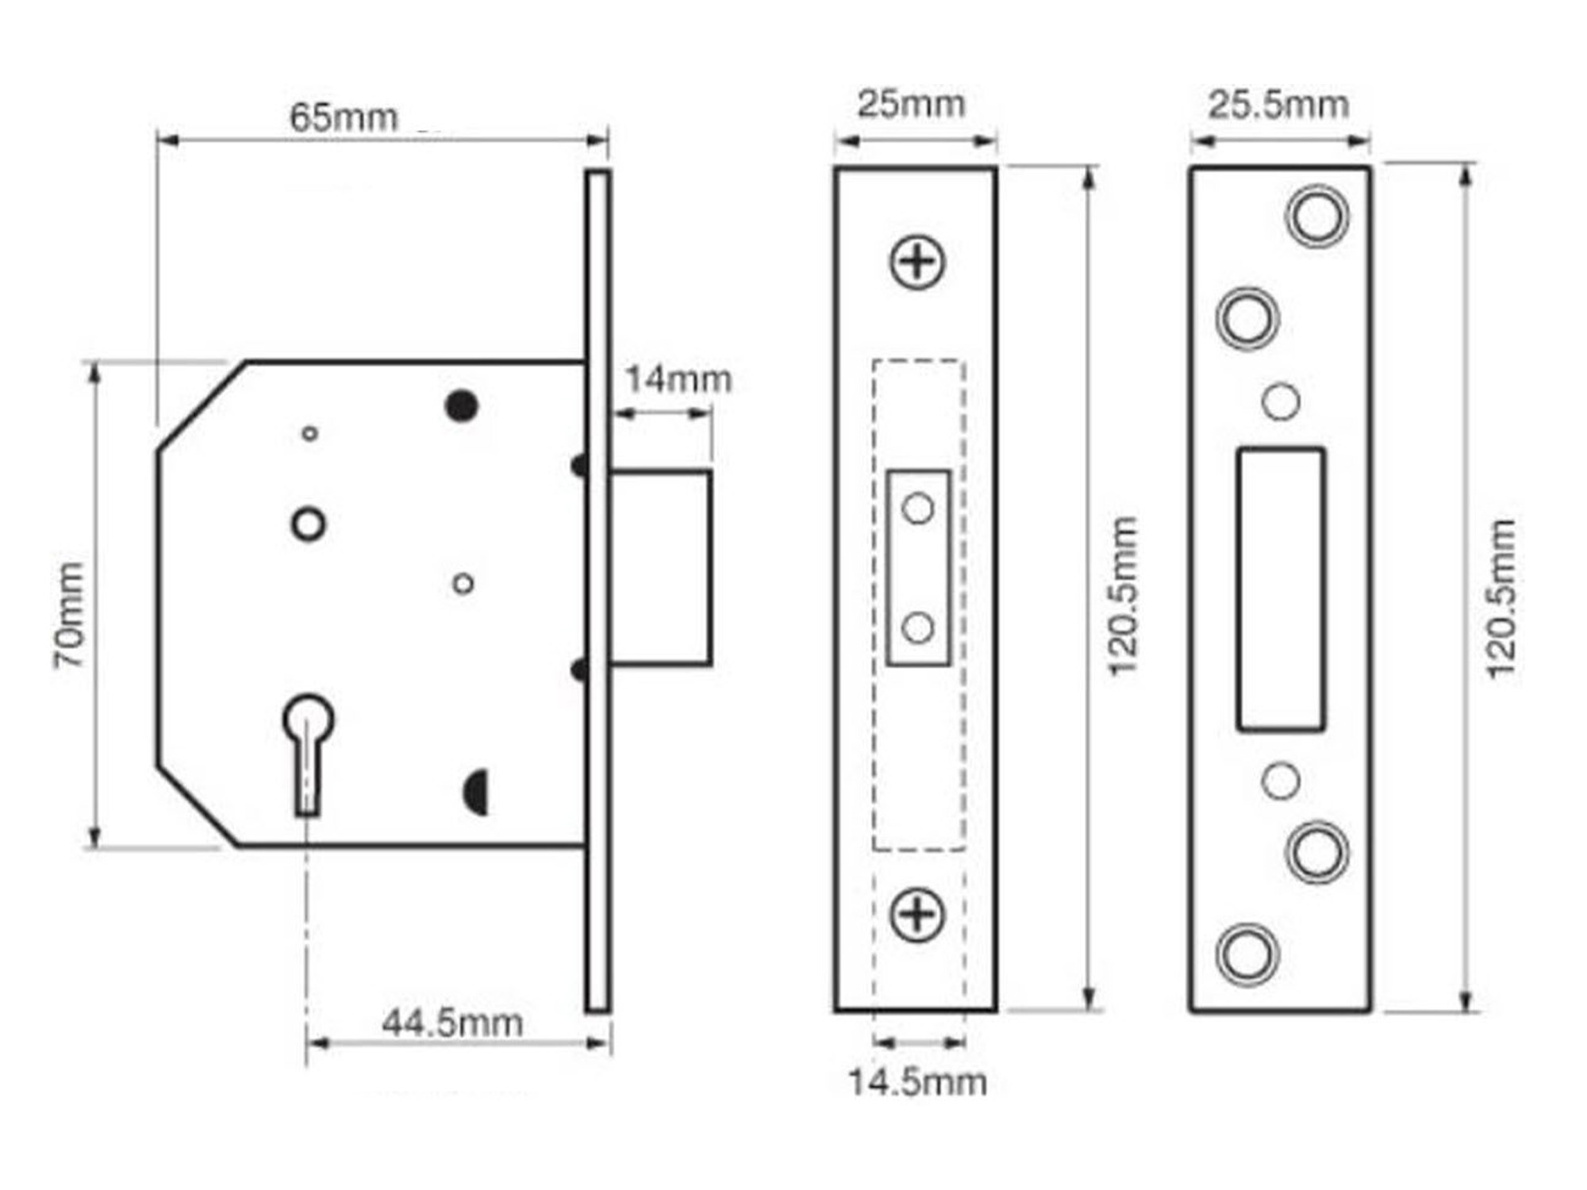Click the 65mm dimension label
pos(343,118)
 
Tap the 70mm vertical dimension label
pos(69,615)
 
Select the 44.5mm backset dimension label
pos(452,1023)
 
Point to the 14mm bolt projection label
pos(678,379)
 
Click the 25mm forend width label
pos(911,104)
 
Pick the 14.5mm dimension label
pos(917,1082)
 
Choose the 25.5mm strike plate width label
pos(1278,105)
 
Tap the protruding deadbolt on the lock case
pos(660,568)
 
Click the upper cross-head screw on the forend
pos(917,262)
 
